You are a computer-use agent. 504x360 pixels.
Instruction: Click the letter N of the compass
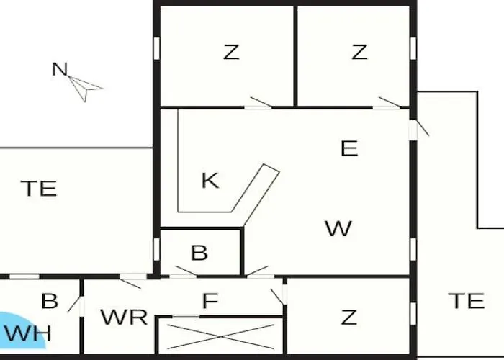[x=60, y=69]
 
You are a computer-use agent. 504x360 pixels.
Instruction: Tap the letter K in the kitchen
[x=210, y=180]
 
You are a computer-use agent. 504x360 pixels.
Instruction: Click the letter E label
[x=349, y=148]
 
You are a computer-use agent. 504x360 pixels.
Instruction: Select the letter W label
[x=338, y=228]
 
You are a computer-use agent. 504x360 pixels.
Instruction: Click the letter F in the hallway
[x=210, y=301]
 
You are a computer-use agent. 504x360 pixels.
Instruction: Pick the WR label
[x=124, y=317]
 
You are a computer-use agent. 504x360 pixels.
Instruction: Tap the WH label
[x=27, y=333]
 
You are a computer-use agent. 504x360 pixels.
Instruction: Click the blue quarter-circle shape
[x=22, y=330]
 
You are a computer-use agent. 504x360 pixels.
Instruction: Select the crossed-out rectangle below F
[x=220, y=336]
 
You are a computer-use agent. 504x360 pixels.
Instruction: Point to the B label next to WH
[x=50, y=301]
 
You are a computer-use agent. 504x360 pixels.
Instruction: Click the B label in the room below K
[x=199, y=253]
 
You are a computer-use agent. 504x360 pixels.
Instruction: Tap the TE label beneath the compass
[x=39, y=189]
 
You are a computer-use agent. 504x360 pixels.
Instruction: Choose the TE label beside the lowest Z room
[x=467, y=301]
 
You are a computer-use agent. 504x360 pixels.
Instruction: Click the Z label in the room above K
[x=231, y=52]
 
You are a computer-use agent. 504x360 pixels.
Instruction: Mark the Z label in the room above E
[x=359, y=52]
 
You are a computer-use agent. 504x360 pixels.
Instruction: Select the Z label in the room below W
[x=348, y=318]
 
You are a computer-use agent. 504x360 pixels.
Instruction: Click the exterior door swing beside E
[x=423, y=128]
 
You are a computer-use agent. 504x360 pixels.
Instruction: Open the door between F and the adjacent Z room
[x=279, y=297]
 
